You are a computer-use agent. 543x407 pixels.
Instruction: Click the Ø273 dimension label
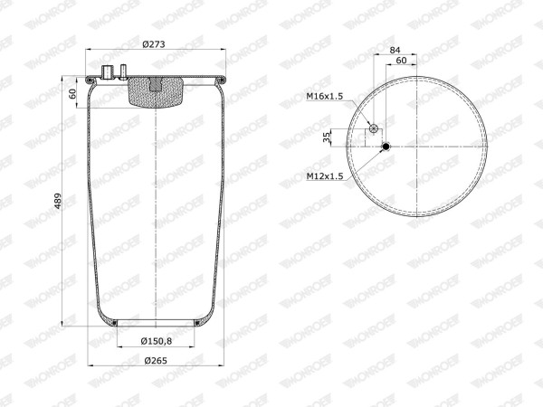[154, 44]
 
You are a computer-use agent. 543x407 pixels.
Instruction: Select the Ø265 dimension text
[156, 361]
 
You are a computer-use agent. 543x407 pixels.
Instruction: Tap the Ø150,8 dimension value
[157, 341]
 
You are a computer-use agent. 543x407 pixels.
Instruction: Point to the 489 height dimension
[58, 201]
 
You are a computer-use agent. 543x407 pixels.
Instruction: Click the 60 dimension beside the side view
[72, 93]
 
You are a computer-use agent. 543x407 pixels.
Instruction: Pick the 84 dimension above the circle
[395, 50]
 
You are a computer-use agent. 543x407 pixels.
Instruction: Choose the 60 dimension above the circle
[401, 61]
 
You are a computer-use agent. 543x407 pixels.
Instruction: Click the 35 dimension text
[326, 137]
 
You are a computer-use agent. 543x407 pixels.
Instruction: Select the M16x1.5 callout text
[325, 96]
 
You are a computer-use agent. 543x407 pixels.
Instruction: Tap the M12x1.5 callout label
[325, 176]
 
